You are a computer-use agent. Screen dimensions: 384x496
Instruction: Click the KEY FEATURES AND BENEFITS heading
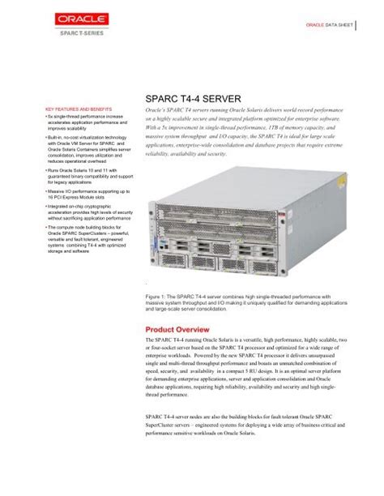(x=78, y=109)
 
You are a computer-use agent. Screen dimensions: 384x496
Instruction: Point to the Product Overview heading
(x=177, y=330)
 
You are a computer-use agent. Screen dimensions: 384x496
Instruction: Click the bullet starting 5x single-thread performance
(x=84, y=122)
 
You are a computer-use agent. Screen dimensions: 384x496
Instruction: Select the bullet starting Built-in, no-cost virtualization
(x=85, y=152)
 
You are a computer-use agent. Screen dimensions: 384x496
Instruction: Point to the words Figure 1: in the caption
(x=157, y=297)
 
